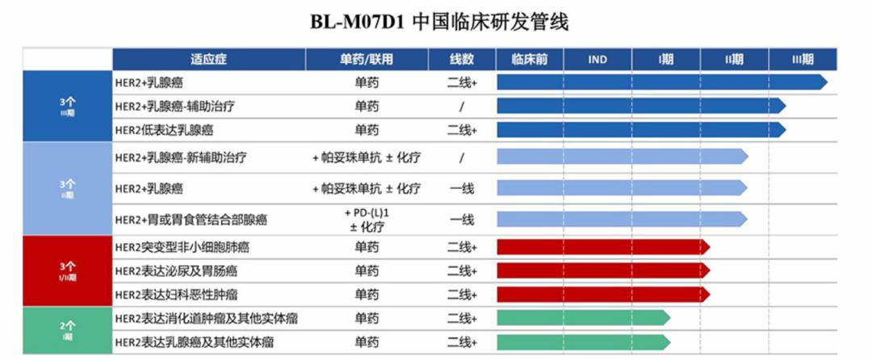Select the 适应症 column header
pos(208,59)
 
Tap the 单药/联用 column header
pos(367,59)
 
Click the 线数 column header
pos(462,59)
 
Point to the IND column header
pos(597,59)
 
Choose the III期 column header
pos(803,59)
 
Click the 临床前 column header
pos(530,59)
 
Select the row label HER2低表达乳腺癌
pos(164,130)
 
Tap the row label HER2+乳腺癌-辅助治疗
pos(175,106)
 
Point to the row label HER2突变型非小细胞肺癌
pos(181,247)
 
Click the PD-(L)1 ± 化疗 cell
pos(367,219)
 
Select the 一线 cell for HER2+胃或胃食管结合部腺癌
pos(462,219)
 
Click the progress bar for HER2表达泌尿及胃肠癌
pos(602,270)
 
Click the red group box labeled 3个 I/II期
pos(67,270)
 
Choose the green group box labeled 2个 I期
pos(67,330)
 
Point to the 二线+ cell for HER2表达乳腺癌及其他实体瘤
pos(462,342)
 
